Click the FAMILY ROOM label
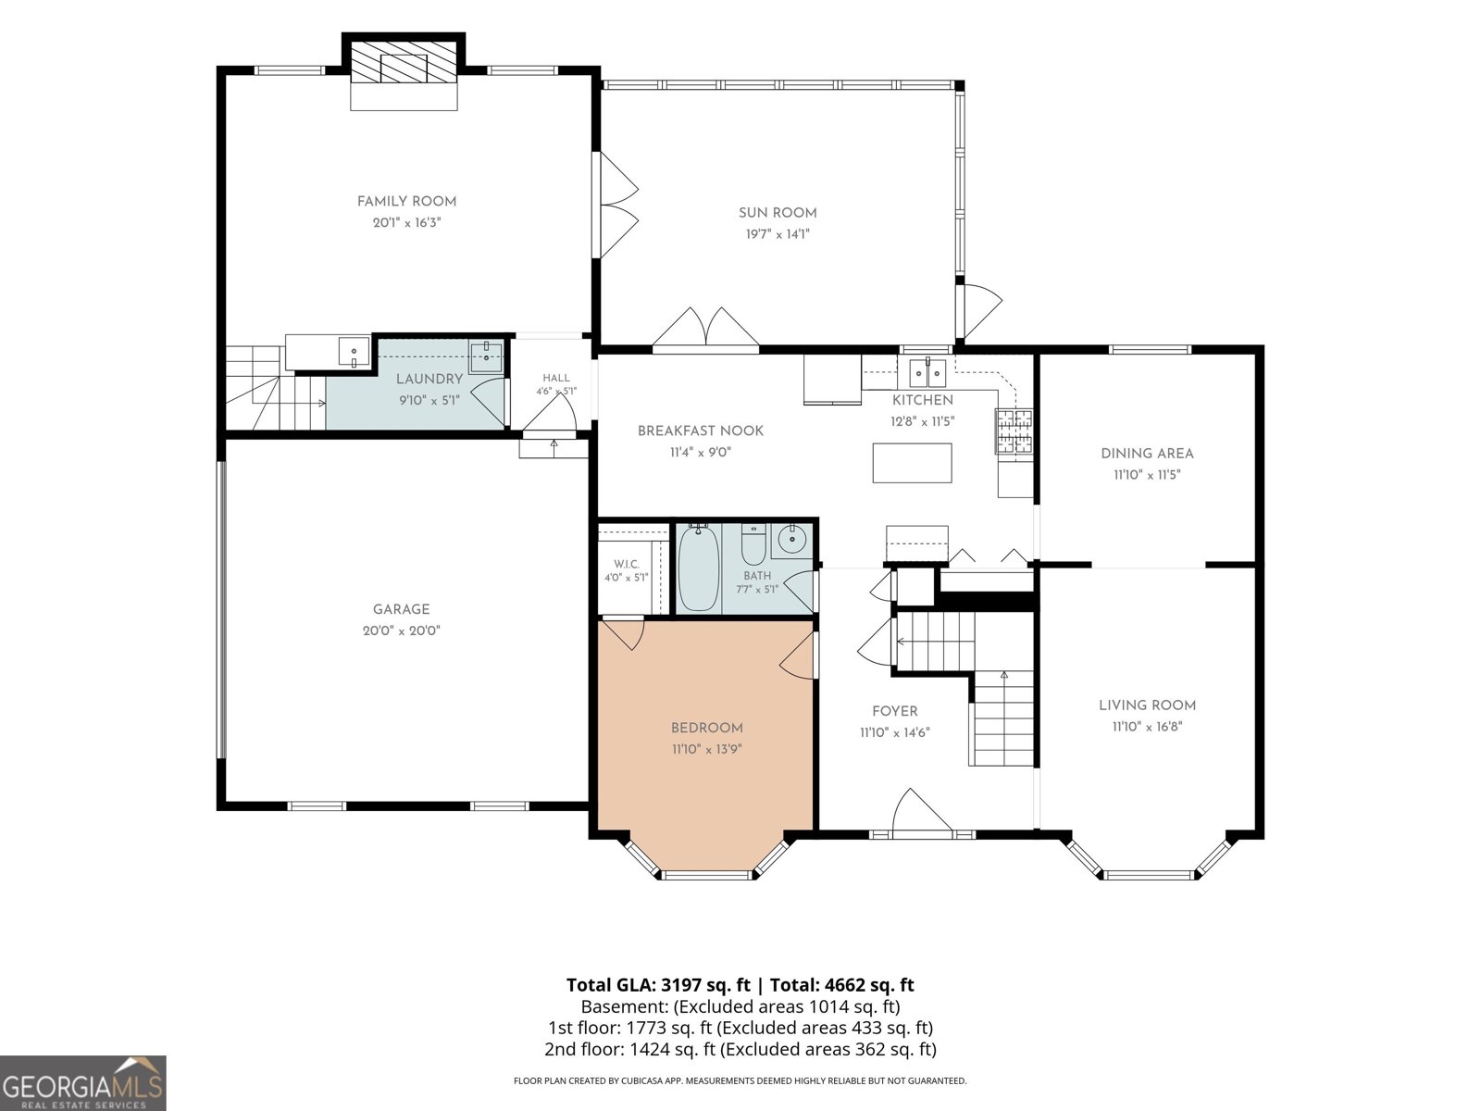point(406,201)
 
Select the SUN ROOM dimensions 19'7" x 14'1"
point(778,234)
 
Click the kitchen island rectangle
point(912,463)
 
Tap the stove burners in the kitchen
point(1014,431)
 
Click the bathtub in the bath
point(698,568)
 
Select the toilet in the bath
point(753,543)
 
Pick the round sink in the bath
point(791,539)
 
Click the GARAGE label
point(401,609)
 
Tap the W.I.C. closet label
point(626,564)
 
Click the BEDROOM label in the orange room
point(706,728)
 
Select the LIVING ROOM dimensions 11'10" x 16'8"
point(1147,727)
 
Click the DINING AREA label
point(1147,454)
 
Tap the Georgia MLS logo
point(83,1083)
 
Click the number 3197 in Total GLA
point(681,985)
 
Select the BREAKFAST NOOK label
point(701,431)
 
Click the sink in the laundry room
point(486,356)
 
